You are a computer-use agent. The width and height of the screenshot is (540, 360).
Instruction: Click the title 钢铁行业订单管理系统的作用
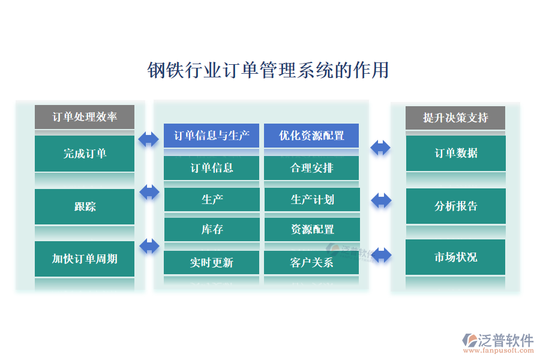pos(268,70)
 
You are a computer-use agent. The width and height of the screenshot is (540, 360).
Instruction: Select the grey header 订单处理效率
pos(85,117)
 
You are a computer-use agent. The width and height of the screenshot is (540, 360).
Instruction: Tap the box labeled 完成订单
pos(85,154)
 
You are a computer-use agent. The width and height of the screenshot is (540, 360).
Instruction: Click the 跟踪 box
pos(85,206)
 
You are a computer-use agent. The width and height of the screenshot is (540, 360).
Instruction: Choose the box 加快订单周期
pos(85,259)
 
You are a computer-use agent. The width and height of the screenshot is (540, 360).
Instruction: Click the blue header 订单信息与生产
pos(212,136)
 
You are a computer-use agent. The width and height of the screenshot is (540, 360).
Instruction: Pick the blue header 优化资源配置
pos(311,136)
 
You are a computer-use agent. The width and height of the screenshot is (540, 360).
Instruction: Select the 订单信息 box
pos(212,168)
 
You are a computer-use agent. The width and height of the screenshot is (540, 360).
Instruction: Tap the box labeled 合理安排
pos(311,168)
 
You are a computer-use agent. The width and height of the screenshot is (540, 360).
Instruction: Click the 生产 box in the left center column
pos(212,199)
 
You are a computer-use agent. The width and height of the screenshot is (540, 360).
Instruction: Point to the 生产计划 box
pos(312,199)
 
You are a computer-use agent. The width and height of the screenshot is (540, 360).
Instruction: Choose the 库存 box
pos(212,229)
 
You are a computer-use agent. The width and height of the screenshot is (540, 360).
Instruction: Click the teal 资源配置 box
pos(312,229)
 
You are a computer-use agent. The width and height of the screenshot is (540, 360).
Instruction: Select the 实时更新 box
pos(212,262)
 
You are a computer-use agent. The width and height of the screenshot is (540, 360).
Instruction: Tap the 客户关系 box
pos(311,262)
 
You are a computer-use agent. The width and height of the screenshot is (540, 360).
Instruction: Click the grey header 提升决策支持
pos(455,118)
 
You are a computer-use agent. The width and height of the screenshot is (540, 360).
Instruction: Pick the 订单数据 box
pos(456,153)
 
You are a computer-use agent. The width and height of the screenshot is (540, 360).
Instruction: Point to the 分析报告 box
pos(456,206)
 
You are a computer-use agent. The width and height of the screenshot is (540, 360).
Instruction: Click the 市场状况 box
pos(456,257)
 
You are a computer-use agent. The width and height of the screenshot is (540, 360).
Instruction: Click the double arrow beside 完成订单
pos(149,139)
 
